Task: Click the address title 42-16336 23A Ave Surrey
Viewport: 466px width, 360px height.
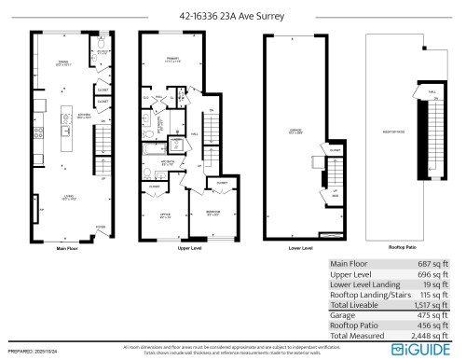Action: coord(232,15)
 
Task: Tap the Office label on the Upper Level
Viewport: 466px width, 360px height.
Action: coord(165,218)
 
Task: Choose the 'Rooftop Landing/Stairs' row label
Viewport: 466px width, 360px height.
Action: coord(370,295)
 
